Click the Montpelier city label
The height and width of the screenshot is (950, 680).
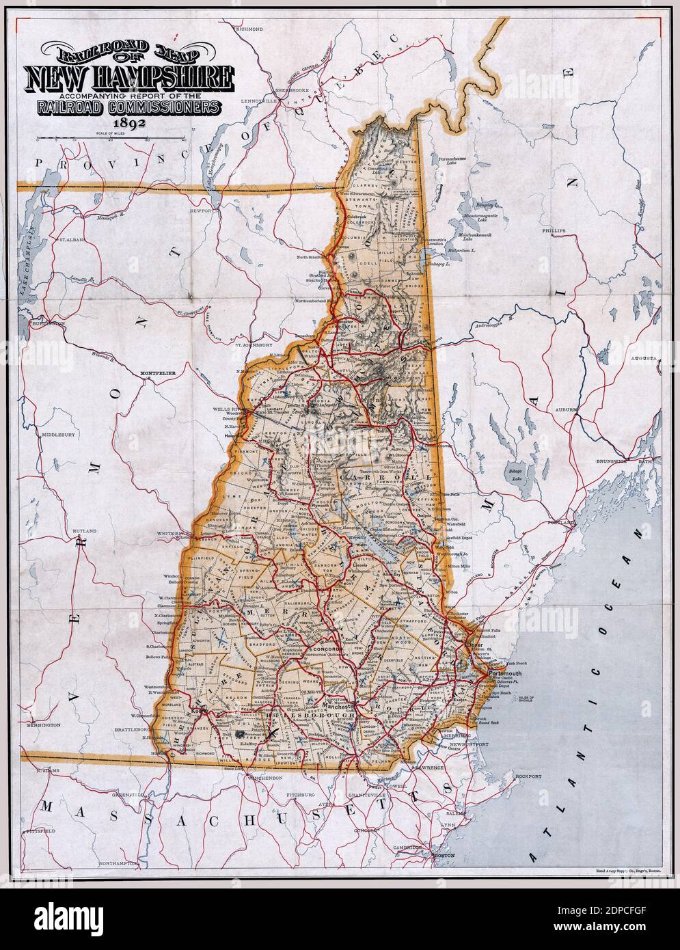[159, 373]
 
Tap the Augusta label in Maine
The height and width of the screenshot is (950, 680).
[644, 357]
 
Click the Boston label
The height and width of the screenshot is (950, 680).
[444, 856]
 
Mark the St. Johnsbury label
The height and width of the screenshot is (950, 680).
[249, 345]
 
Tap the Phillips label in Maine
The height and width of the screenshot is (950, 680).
[554, 231]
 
